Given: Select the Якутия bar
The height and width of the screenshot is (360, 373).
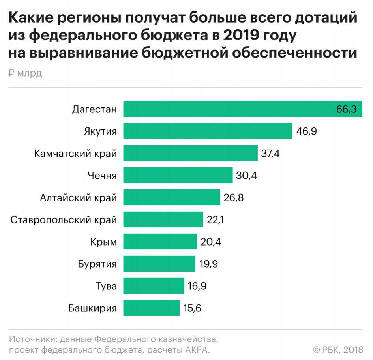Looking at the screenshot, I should [x=208, y=131].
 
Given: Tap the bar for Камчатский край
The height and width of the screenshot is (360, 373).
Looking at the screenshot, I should [x=190, y=153].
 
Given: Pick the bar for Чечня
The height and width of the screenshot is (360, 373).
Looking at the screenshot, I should [x=178, y=175].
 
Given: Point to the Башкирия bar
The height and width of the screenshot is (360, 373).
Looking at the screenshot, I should [x=151, y=308].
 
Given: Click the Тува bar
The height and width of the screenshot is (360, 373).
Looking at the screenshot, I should [x=154, y=286].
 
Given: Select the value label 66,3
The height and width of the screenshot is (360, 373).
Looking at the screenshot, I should [x=347, y=109].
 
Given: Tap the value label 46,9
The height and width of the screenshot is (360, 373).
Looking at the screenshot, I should [x=306, y=131].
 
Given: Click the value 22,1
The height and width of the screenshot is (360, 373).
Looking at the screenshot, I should [x=215, y=220].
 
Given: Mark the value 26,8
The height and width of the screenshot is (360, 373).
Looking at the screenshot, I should [x=233, y=198].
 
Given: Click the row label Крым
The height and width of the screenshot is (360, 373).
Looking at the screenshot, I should [x=103, y=242].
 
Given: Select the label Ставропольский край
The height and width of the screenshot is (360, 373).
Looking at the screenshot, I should [x=64, y=220].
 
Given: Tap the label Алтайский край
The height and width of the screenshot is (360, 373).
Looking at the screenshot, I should [x=78, y=198].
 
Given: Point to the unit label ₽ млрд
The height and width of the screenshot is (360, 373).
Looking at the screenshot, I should [x=25, y=73].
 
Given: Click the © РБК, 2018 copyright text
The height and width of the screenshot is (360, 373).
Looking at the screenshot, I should [x=338, y=349].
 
